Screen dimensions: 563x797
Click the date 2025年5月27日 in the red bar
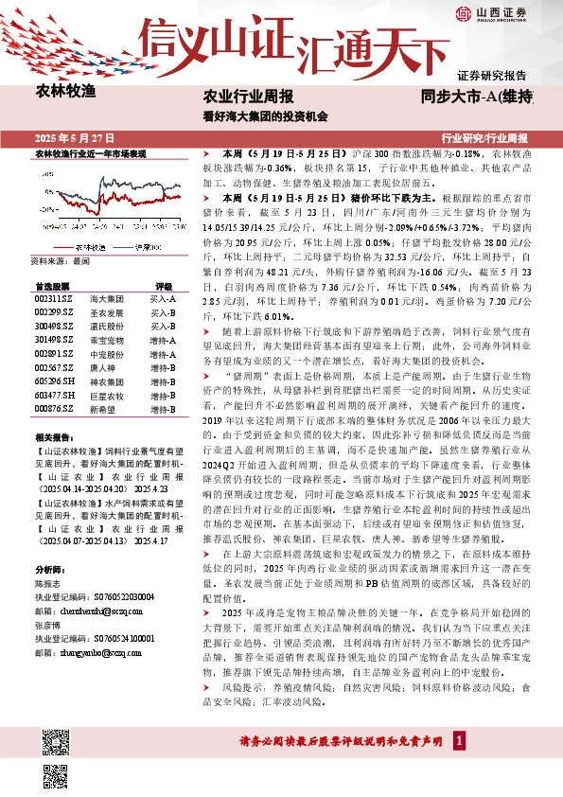(x=80, y=136)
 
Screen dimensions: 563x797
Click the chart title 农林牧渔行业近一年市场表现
(x=91, y=152)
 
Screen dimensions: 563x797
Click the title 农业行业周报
(x=248, y=97)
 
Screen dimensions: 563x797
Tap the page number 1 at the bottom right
(x=458, y=740)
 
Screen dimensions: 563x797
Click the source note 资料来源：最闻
(x=60, y=258)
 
